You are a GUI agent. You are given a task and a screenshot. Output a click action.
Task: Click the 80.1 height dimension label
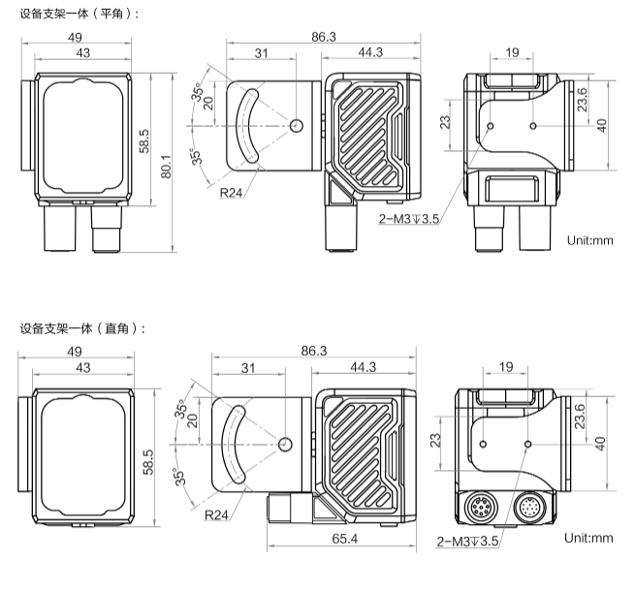167,165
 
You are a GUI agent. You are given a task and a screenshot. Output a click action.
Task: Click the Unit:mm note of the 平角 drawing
590,239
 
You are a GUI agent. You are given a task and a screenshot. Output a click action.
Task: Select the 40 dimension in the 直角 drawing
602,442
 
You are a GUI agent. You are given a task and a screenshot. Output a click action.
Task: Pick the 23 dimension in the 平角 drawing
446,123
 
